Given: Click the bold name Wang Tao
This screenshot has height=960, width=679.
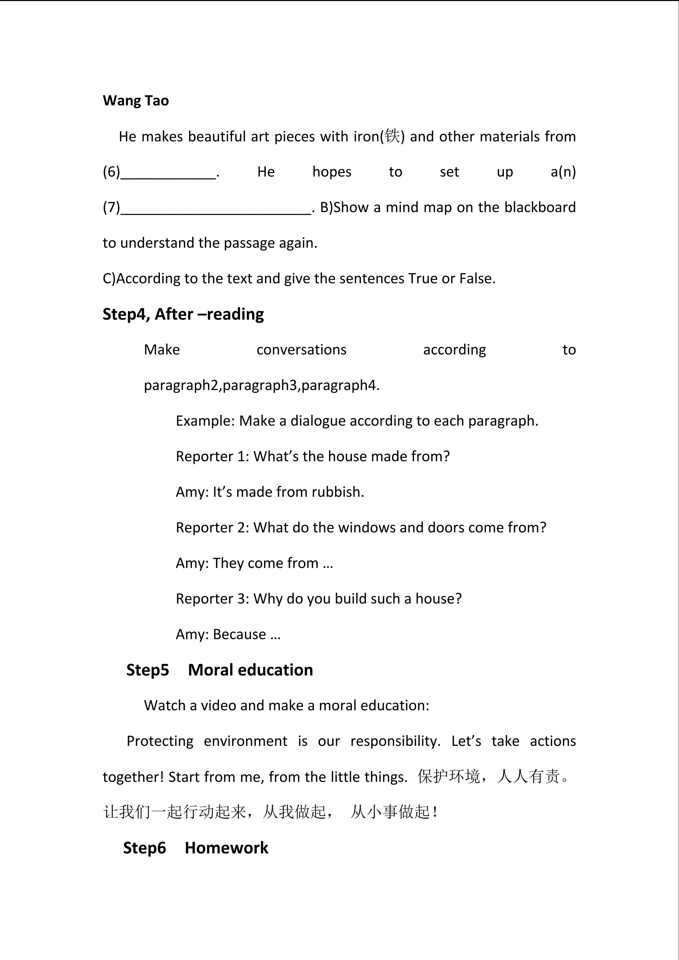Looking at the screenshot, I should [135, 101].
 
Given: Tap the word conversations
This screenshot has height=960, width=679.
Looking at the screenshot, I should [301, 350].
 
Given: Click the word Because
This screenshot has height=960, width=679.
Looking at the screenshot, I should [239, 634].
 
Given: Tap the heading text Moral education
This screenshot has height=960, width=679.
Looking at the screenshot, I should [250, 670].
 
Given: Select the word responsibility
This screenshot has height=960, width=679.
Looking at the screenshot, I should [395, 741].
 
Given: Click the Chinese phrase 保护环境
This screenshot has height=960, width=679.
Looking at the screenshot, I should [448, 776].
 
